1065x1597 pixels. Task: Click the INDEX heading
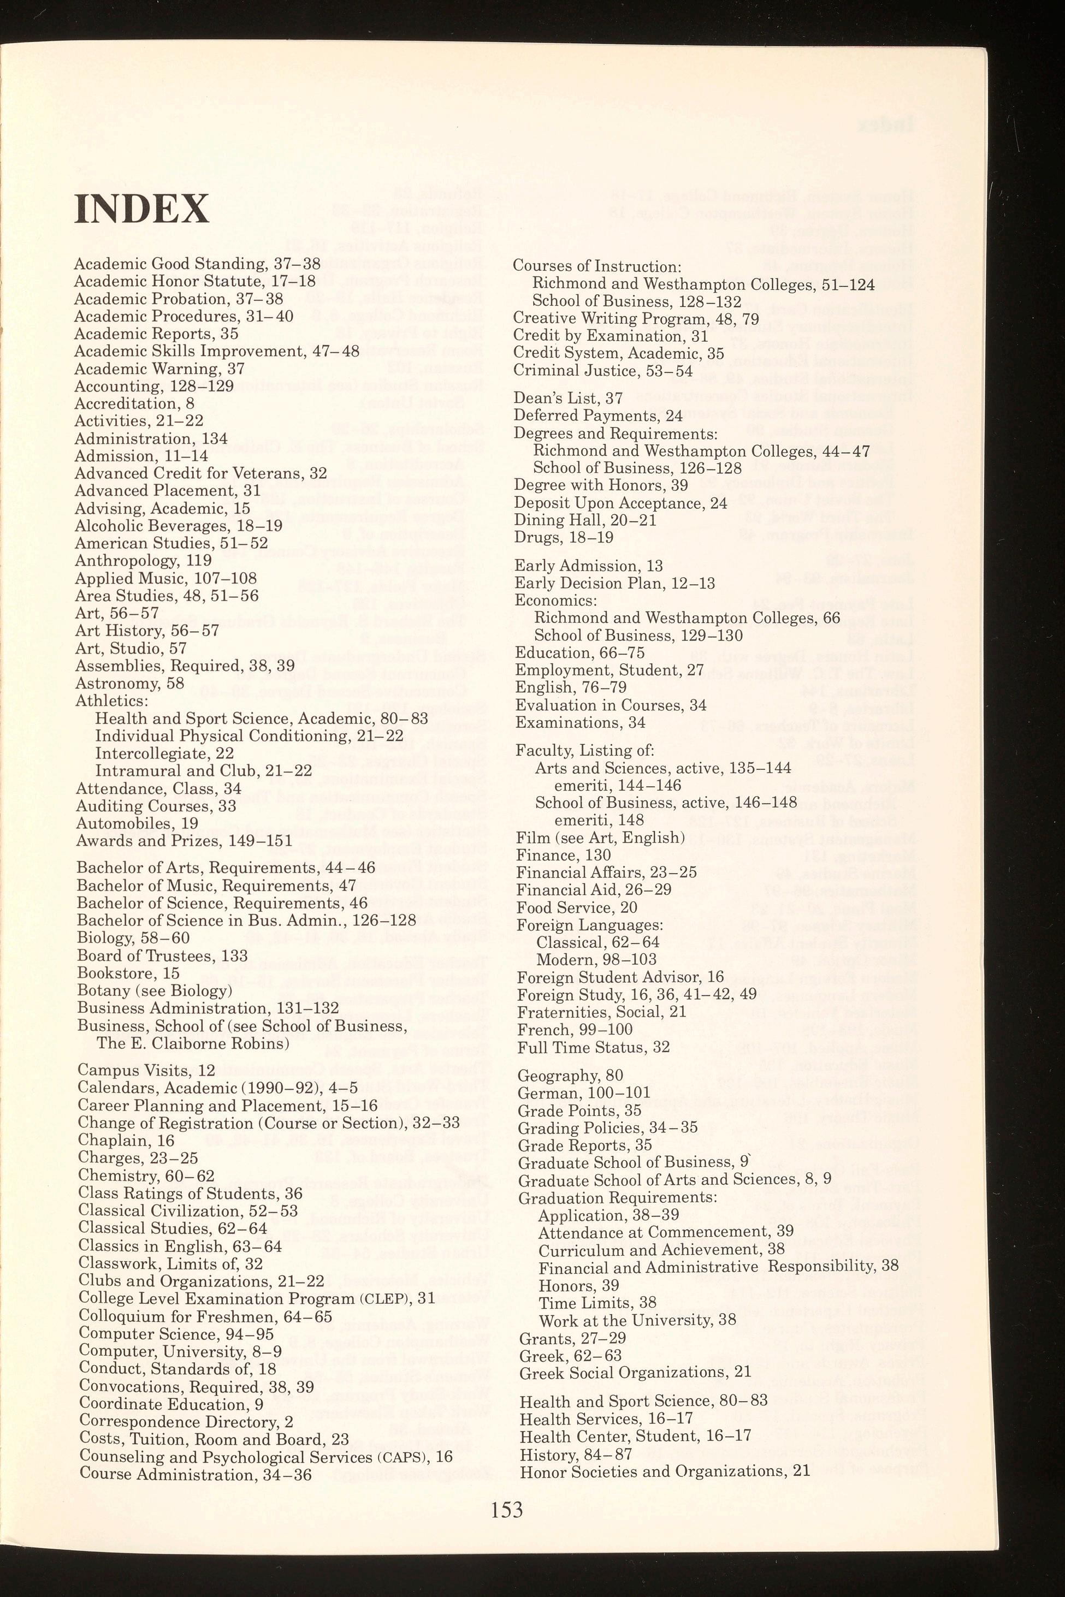[142, 209]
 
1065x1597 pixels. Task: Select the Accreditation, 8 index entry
[134, 403]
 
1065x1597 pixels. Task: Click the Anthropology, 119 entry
[143, 560]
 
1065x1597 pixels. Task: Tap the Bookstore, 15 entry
[128, 973]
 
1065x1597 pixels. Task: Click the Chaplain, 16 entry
[126, 1140]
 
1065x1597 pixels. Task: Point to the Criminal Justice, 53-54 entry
[603, 371]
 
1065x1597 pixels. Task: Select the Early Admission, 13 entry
[589, 566]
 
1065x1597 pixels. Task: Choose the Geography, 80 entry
[570, 1076]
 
